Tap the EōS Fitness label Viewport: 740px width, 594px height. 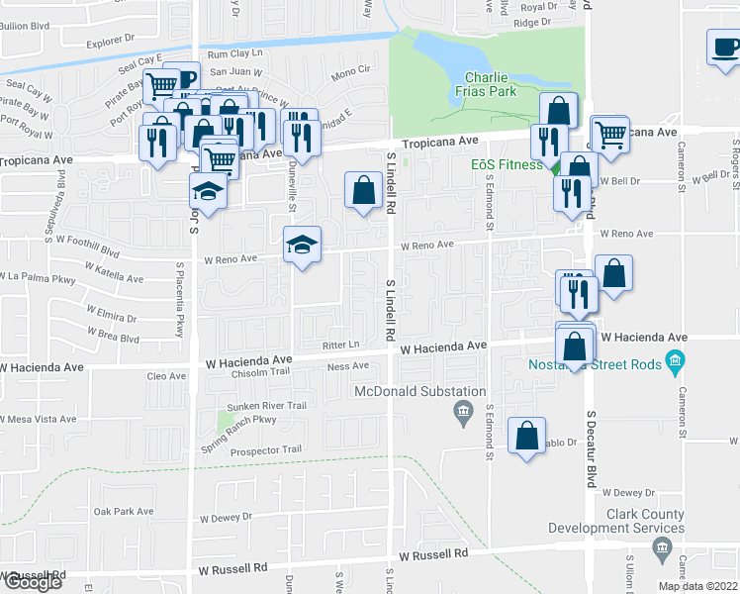pyautogui.click(x=507, y=163)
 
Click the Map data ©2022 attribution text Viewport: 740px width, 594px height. pyautogui.click(x=698, y=585)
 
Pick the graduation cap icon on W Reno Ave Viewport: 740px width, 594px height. pyautogui.click(x=304, y=244)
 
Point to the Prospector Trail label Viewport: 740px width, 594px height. pyautogui.click(x=265, y=449)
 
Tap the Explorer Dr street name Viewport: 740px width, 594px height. pyautogui.click(x=111, y=41)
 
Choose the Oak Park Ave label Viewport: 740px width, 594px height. pyautogui.click(x=124, y=511)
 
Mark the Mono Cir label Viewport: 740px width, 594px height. pyautogui.click(x=350, y=70)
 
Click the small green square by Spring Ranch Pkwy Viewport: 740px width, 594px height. pyautogui.click(x=225, y=423)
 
